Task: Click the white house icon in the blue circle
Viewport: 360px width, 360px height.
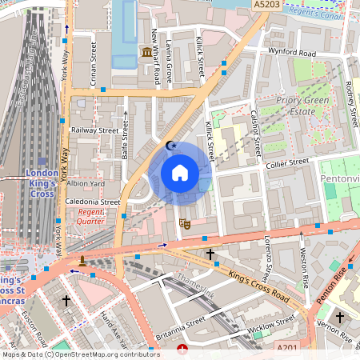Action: point(180,173)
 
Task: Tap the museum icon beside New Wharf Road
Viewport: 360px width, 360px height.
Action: point(147,53)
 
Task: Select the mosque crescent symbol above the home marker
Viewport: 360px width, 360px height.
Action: point(170,146)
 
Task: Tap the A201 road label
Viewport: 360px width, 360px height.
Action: point(287,349)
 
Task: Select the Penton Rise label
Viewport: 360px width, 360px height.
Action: point(333,283)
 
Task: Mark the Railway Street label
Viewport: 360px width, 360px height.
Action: point(94,130)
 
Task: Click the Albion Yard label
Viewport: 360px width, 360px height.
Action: point(86,183)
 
